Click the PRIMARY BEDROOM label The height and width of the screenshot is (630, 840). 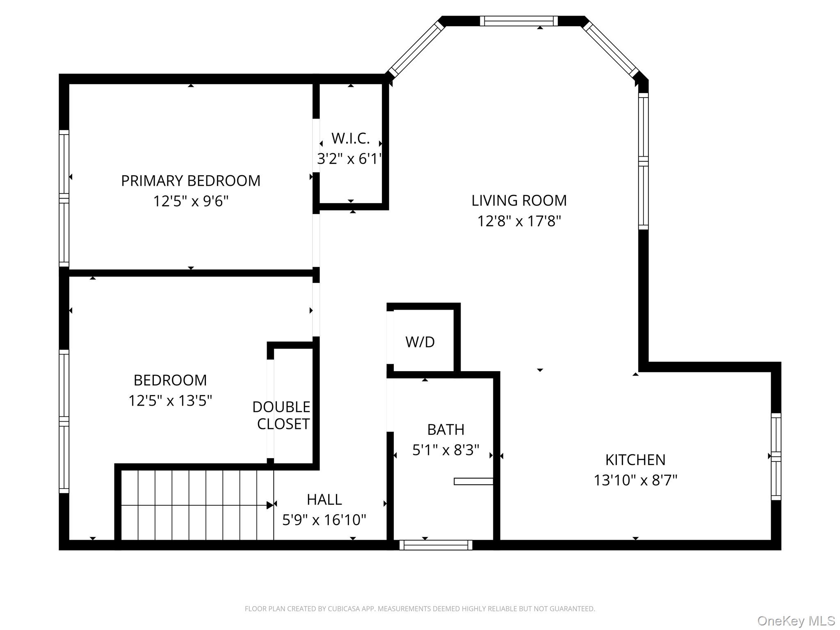tap(190, 181)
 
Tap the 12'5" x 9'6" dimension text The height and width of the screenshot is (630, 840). tap(190, 201)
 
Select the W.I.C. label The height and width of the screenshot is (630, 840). tap(350, 139)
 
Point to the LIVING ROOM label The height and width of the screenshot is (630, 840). tap(519, 201)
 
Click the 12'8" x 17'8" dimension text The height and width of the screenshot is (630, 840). tap(519, 221)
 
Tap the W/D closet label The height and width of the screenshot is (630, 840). tap(420, 342)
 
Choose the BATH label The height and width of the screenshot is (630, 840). tap(446, 429)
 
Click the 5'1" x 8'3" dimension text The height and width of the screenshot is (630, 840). tap(446, 450)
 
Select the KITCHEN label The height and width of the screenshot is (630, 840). tap(635, 460)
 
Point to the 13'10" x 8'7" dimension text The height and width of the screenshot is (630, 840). tap(635, 480)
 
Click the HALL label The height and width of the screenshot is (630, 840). tap(324, 500)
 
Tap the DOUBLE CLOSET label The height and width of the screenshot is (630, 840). tap(282, 415)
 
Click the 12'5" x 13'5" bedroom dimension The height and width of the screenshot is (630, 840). tap(170, 401)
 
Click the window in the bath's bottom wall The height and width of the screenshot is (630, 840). tap(436, 545)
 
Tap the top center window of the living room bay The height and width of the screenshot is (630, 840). tap(518, 21)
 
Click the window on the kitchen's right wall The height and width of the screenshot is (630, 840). tap(776, 457)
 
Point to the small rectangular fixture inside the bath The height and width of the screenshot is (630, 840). tap(473, 482)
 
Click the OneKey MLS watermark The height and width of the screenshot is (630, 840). tap(796, 621)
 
